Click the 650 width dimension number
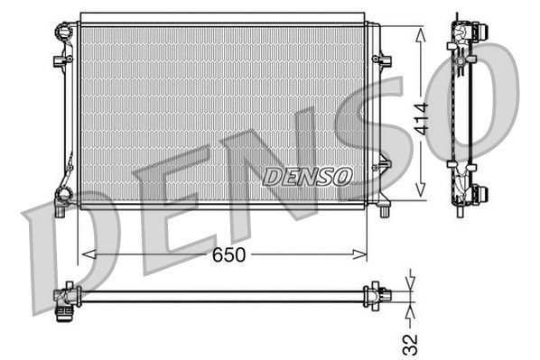(229, 255)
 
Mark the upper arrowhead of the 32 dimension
(411, 282)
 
